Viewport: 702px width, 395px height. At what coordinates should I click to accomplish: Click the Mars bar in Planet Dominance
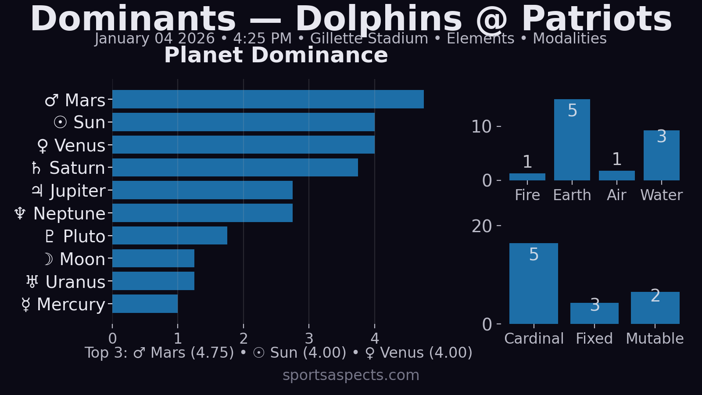coord(268,99)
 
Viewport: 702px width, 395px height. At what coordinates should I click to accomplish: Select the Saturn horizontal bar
coord(235,168)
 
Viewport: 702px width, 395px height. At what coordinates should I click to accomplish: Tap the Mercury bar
coord(145,304)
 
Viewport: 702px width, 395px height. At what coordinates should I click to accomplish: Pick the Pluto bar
coord(169,236)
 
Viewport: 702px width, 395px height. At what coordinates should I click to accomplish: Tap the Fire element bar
coord(527,177)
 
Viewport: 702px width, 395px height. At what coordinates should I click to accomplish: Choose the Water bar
coord(661,155)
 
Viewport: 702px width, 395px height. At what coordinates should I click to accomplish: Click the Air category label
coord(616,195)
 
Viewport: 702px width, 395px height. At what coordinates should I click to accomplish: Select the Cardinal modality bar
coord(534,284)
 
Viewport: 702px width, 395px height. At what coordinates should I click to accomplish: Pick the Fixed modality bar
coord(594,313)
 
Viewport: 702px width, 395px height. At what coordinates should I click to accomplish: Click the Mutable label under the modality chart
coord(655,338)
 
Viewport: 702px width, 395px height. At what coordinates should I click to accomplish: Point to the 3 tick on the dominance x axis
coord(309,338)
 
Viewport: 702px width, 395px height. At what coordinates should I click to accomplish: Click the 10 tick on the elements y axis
coord(481,127)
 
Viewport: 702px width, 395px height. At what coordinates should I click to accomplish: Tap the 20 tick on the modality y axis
coord(481,226)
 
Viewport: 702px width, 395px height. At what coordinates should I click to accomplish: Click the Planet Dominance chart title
coord(276,55)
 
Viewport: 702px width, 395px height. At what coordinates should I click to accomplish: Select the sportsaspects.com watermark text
coord(351,375)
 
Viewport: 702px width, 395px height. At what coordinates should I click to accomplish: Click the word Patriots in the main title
coord(597,19)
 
